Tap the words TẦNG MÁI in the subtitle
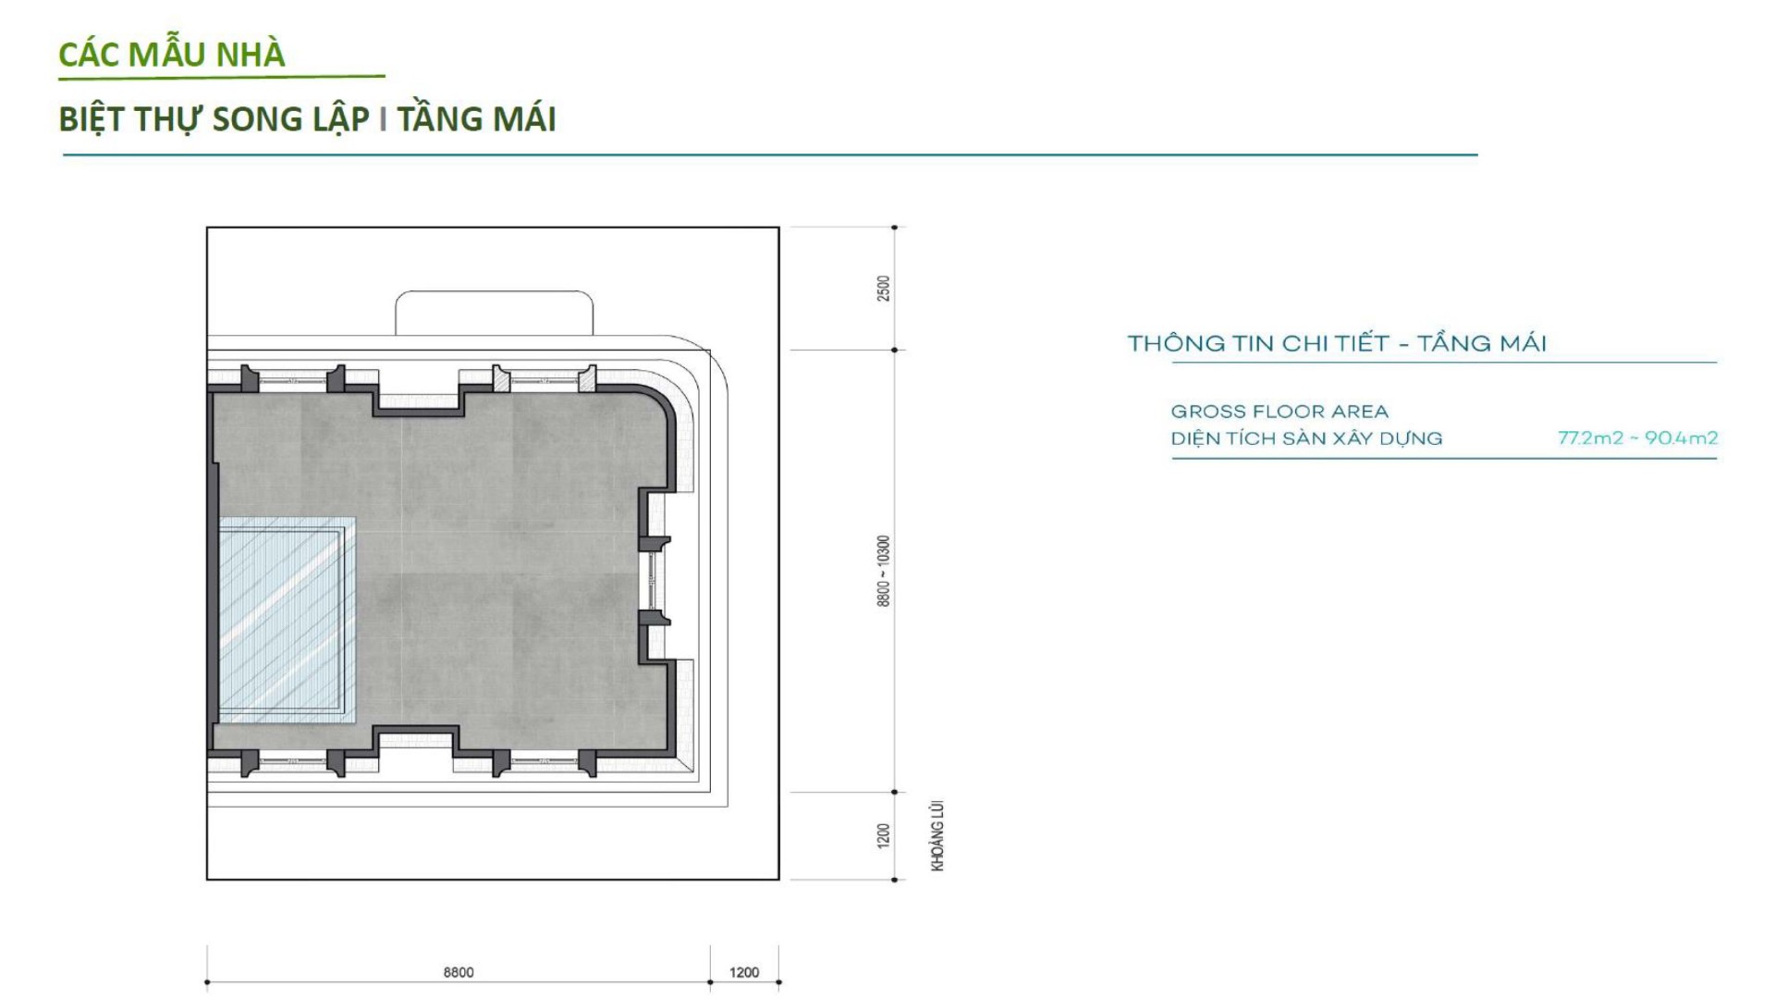[477, 117]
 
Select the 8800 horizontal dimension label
[459, 972]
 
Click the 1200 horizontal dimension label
[744, 972]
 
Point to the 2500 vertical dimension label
[884, 288]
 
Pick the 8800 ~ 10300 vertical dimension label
[884, 571]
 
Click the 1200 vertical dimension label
[884, 836]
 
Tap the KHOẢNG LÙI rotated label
[938, 835]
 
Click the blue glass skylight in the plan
[286, 619]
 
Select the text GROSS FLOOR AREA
[1279, 412]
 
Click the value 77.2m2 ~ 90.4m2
[1637, 438]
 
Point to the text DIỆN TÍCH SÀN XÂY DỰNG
[1306, 438]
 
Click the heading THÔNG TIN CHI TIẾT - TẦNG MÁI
[1337, 342]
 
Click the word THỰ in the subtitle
[169, 119]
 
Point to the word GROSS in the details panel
[1205, 412]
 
